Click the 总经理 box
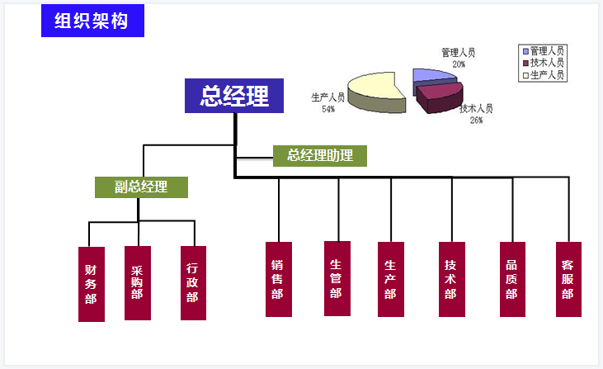(x=234, y=96)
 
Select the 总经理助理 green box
(x=320, y=155)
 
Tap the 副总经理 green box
(x=141, y=187)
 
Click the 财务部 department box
(x=91, y=283)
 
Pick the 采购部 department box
(x=137, y=282)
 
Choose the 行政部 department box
(x=193, y=282)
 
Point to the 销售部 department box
(x=278, y=279)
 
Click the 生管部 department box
(x=337, y=278)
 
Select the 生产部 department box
(x=390, y=279)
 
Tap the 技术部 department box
(x=450, y=279)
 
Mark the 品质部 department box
(x=512, y=279)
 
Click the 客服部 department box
(x=568, y=279)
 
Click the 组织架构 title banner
(x=92, y=21)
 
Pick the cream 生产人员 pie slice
(x=375, y=89)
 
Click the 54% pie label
(x=328, y=109)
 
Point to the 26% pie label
(x=476, y=120)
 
